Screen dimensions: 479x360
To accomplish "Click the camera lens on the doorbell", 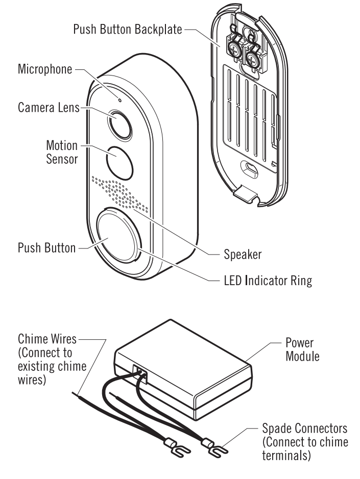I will coord(119,123).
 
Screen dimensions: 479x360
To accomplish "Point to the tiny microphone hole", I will coord(119,99).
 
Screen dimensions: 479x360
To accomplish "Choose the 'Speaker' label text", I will coord(243,253).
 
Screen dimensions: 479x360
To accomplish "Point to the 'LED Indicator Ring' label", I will coord(268,280).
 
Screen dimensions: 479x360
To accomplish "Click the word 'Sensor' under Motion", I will coord(62,159).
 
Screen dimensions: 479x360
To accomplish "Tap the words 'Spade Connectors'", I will coord(305,427).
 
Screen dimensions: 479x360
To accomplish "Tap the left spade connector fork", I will coord(167,448).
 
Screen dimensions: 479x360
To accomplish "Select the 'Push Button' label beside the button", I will coord(46,248).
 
